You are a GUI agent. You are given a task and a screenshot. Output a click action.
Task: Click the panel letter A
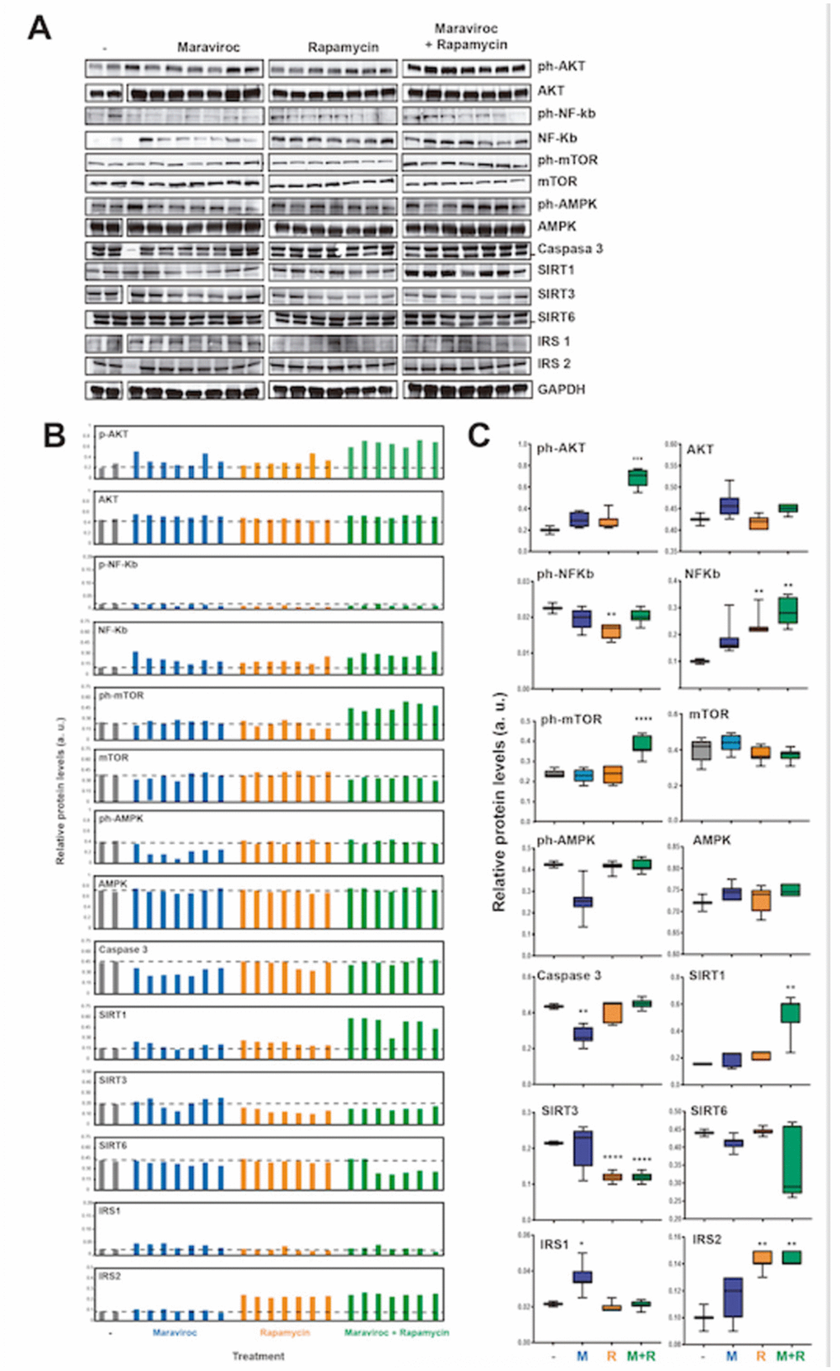click(39, 29)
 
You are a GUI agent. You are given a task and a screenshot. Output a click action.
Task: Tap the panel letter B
click(54, 435)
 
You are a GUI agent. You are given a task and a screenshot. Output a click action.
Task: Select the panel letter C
click(478, 435)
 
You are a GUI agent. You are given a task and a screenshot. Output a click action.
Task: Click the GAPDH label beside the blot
click(561, 389)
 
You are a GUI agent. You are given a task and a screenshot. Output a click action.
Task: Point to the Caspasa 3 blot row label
click(570, 249)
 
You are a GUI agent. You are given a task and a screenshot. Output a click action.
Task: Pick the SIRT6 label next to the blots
click(557, 317)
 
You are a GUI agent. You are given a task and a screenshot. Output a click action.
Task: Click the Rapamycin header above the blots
click(343, 48)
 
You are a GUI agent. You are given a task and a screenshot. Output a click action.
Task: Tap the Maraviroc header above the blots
click(208, 48)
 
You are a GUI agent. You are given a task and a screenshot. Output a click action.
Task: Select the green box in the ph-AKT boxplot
click(637, 478)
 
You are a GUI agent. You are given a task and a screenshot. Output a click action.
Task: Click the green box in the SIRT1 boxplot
click(791, 1013)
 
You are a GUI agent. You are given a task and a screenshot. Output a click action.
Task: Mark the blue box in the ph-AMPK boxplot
click(582, 902)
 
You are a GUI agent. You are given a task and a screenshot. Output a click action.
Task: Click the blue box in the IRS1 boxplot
click(582, 1276)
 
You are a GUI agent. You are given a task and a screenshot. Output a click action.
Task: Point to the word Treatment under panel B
click(258, 1356)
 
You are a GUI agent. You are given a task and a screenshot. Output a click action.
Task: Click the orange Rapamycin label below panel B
click(285, 1332)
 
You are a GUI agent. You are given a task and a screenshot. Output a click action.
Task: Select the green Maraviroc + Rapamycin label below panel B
click(396, 1332)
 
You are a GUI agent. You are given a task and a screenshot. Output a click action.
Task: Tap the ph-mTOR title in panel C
click(571, 720)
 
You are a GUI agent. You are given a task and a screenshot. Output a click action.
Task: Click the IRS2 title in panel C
click(707, 1240)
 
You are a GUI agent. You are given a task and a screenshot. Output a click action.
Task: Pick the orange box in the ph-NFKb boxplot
click(610, 632)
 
